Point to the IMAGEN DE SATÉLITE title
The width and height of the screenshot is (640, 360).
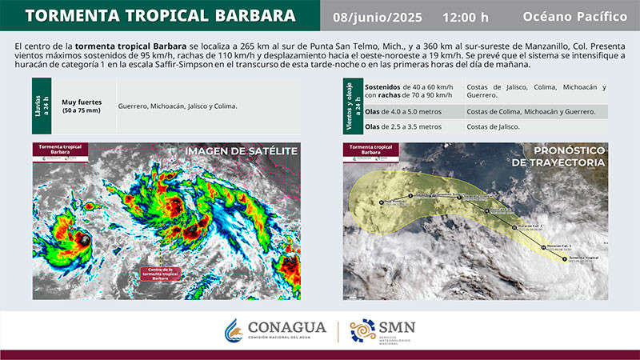tap(241, 151)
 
